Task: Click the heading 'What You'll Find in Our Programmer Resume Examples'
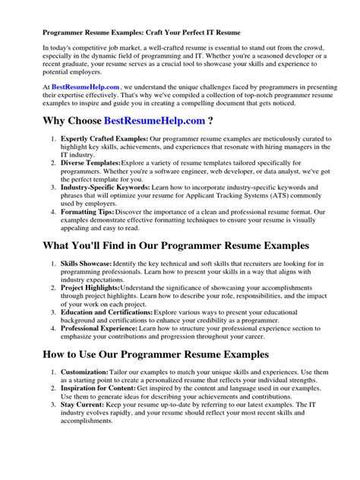[176, 247]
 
